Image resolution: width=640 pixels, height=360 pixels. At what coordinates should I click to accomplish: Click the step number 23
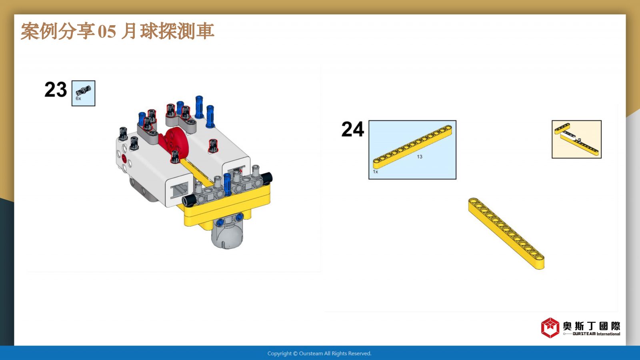coord(56,90)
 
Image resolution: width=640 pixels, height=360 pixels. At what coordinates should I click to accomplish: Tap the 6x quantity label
coord(78,98)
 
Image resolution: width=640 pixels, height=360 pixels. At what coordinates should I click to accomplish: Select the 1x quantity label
coord(376,172)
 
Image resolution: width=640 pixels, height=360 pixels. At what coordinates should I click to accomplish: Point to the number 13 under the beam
coord(420,156)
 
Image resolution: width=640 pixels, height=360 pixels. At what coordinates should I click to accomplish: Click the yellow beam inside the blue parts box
coord(412,146)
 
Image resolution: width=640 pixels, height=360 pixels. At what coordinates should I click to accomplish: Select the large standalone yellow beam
coord(506,234)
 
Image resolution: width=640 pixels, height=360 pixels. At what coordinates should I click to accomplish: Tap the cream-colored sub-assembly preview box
coord(576,139)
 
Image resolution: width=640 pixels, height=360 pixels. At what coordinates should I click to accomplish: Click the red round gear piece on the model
coord(172,142)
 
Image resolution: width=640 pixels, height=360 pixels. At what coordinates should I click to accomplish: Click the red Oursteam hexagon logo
coord(550,328)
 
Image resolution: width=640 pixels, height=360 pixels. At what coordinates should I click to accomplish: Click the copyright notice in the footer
coord(320,354)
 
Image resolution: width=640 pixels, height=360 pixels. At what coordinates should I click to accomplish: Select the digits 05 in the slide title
coord(107,32)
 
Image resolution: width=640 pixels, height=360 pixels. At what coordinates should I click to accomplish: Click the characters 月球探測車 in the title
coord(168,31)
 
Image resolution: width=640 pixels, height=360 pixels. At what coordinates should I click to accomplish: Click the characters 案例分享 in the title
coord(58,31)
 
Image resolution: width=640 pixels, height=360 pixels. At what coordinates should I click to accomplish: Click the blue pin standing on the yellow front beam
coord(227,184)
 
